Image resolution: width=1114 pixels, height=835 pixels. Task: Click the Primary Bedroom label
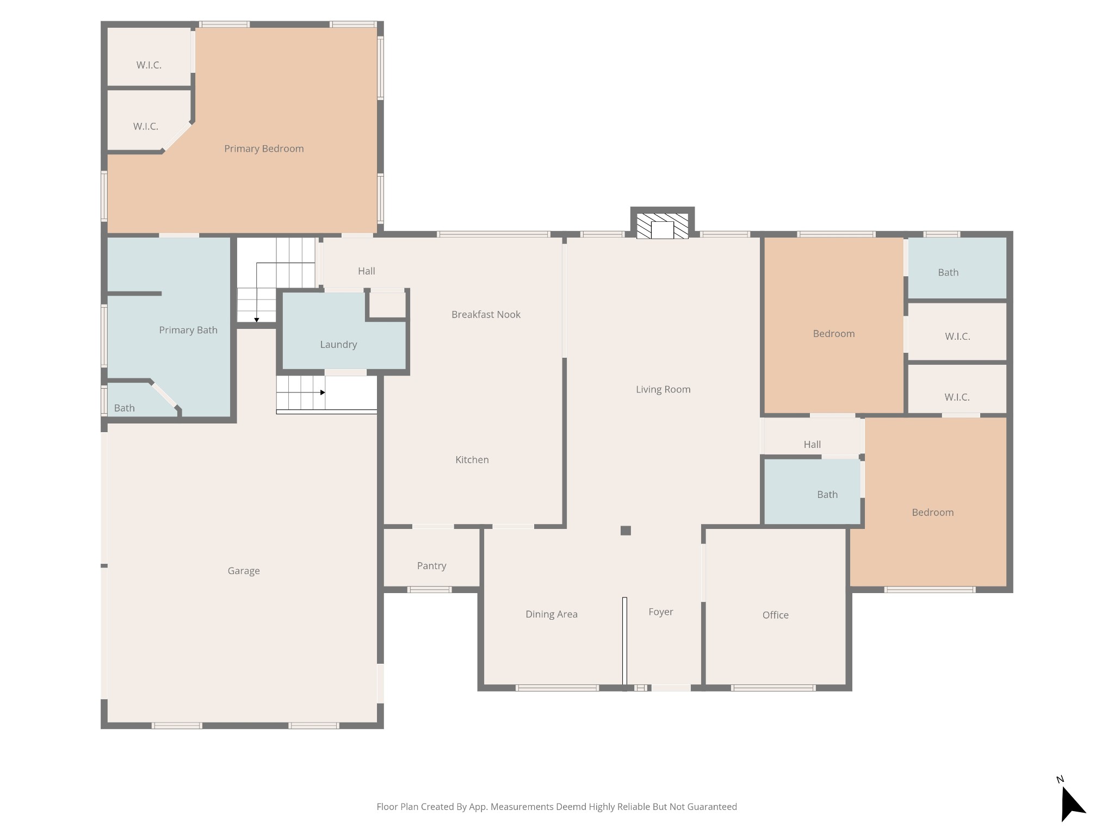click(264, 149)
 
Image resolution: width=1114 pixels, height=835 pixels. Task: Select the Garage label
click(244, 571)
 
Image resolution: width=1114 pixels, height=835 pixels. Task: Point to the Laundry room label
click(338, 345)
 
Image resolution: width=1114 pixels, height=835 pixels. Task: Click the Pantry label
click(432, 566)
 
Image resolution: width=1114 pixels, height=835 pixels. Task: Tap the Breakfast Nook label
click(486, 315)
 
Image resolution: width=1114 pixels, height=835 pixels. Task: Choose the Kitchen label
click(472, 460)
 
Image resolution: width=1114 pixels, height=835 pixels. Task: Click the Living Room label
click(663, 390)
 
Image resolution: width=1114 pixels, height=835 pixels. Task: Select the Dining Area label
click(552, 614)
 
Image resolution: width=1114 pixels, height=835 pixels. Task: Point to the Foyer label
click(661, 612)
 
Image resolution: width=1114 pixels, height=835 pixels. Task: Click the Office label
click(776, 615)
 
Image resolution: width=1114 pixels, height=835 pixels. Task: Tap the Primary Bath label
click(188, 331)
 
